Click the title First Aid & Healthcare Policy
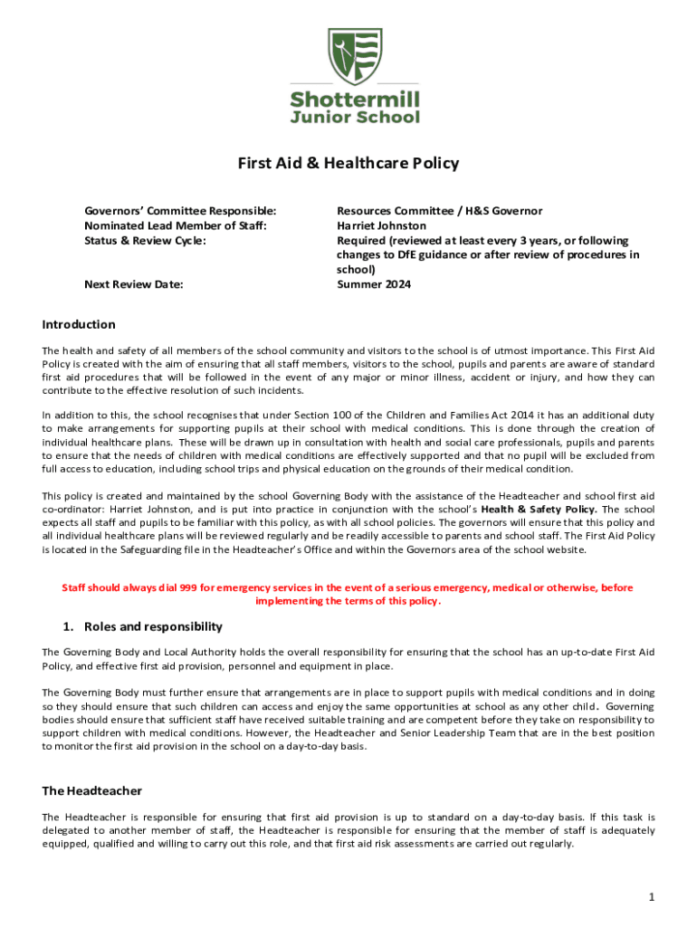(348, 164)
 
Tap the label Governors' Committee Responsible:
(180, 211)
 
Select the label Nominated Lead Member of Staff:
(176, 225)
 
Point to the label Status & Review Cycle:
(145, 240)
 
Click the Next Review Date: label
(133, 284)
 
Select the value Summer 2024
(374, 284)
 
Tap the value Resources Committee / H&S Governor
(439, 211)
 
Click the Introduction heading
(79, 324)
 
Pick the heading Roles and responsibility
(153, 626)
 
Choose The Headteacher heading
(91, 790)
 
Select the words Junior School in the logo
(355, 117)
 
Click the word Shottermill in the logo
(355, 99)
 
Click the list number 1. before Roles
(68, 626)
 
